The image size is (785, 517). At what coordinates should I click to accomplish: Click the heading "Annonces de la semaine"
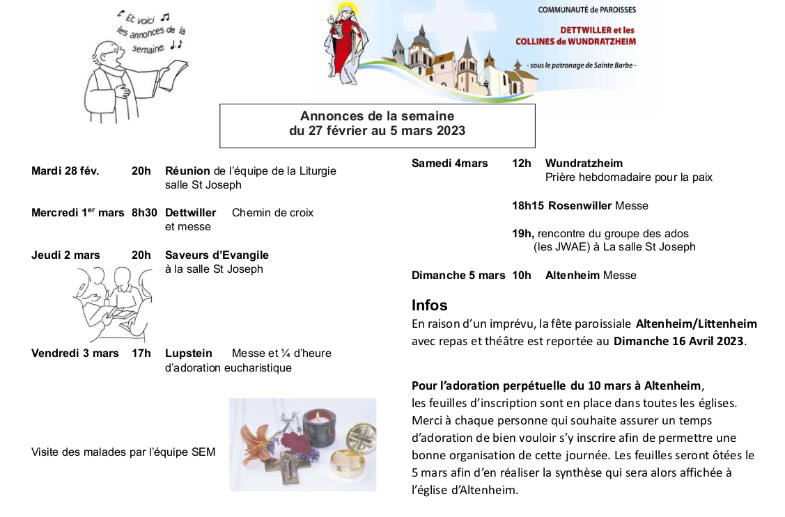point(377,116)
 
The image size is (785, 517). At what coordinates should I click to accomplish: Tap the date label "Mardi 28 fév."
point(65,171)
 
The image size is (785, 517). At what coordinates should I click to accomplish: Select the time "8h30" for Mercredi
point(144,213)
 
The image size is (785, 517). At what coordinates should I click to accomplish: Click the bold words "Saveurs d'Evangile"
point(217,255)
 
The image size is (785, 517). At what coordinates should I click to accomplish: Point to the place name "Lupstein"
point(188,353)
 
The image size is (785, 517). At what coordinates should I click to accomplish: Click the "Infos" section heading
point(429,305)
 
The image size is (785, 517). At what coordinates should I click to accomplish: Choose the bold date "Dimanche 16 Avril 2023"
point(678,341)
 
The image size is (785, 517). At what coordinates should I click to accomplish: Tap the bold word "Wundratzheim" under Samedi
point(584,164)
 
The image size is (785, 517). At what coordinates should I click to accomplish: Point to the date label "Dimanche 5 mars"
point(458,276)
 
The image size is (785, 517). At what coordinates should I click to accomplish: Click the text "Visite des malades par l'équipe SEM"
point(123,452)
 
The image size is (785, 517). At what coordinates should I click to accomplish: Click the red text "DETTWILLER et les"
point(597,31)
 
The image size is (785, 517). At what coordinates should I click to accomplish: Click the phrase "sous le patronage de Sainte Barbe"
point(582,65)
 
